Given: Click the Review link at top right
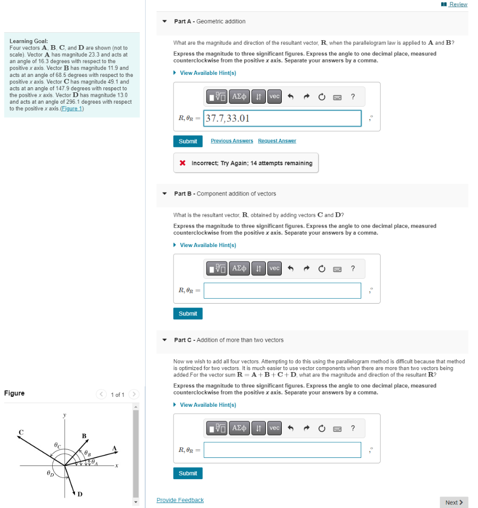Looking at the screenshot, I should [x=458, y=4].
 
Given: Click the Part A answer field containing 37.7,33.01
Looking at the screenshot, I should [x=282, y=118].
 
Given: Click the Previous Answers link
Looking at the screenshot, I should [x=232, y=141].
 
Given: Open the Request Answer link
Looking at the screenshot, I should [x=277, y=141].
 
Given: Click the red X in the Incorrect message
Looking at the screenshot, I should [x=183, y=163].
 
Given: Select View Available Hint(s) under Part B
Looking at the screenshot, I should [x=208, y=245].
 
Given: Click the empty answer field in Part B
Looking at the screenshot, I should [x=282, y=290].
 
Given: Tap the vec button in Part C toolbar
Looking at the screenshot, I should [x=274, y=428].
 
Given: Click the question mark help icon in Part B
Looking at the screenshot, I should [x=353, y=268].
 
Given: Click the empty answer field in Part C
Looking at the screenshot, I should [x=282, y=450].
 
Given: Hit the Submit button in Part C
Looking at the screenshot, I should [x=188, y=473].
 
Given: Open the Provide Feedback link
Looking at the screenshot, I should [x=180, y=500].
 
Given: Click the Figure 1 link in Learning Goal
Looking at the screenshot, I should [x=72, y=109].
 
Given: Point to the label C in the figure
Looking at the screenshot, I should [x=21, y=432].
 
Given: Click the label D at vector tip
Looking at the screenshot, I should [x=80, y=494].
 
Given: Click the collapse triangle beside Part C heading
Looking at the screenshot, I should [x=164, y=340].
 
